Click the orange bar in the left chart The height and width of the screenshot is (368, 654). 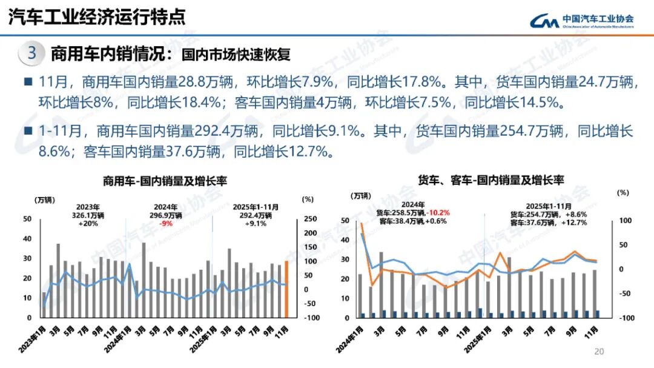(287, 289)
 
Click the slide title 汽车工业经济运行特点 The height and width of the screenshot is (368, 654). (97, 16)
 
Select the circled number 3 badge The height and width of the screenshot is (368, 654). (32, 53)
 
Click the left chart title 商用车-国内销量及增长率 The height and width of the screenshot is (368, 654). (156, 181)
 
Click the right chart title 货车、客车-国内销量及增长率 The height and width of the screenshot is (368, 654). (490, 180)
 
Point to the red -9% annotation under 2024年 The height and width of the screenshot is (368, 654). (166, 223)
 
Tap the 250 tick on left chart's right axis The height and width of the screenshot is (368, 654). (309, 219)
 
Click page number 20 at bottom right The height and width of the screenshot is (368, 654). (599, 352)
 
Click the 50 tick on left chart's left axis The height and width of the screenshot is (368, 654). (27, 219)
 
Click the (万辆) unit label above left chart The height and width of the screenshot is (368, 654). (44, 199)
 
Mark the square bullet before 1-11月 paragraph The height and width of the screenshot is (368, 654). (27, 130)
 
